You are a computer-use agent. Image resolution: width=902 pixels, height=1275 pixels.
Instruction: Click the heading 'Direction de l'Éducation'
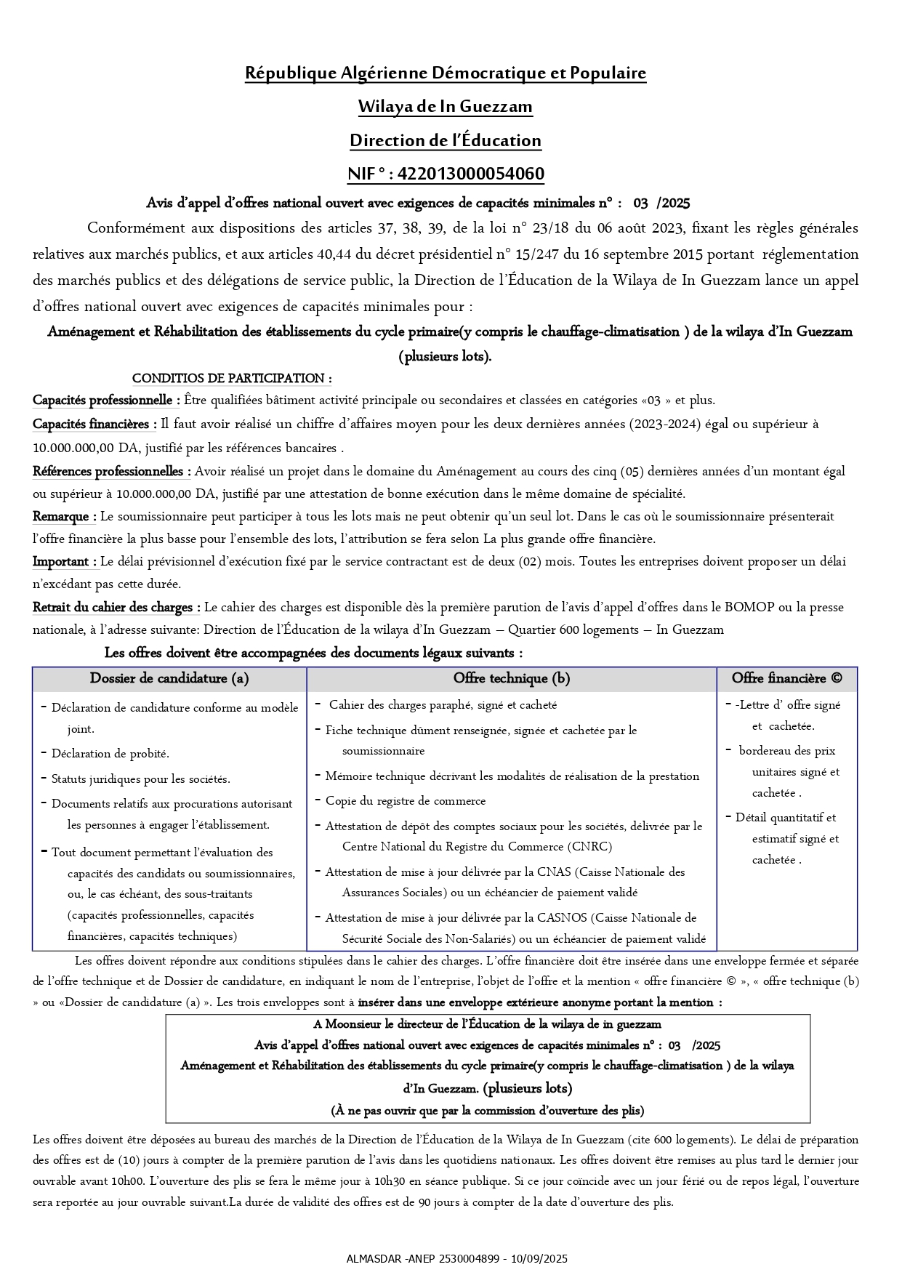[446, 140]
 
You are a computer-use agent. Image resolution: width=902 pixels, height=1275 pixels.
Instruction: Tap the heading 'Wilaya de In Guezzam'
[446, 106]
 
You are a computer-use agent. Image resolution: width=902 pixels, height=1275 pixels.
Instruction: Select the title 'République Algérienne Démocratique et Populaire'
[446, 73]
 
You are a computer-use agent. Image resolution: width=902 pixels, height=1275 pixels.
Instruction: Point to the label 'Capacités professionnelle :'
[106, 400]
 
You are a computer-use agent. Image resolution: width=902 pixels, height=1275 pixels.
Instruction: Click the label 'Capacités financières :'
[94, 424]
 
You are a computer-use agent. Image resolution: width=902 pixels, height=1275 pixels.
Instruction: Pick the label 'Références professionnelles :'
[112, 471]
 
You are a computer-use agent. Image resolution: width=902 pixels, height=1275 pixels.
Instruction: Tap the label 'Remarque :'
[65, 516]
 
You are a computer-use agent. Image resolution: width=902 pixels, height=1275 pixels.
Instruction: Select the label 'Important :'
[65, 561]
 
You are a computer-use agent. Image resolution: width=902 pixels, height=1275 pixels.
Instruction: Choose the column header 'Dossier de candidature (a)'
[169, 678]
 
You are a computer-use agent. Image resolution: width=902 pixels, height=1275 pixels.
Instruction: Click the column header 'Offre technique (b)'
[512, 678]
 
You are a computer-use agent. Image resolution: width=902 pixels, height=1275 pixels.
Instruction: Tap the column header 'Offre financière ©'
[787, 678]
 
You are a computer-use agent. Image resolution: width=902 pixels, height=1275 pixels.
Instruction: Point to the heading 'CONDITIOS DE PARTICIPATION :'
[232, 378]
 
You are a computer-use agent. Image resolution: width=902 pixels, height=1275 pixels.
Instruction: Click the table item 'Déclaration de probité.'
[110, 754]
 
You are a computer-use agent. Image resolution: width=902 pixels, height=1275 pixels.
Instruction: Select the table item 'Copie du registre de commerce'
[406, 801]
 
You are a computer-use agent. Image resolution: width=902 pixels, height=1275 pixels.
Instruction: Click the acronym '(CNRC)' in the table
[589, 846]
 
